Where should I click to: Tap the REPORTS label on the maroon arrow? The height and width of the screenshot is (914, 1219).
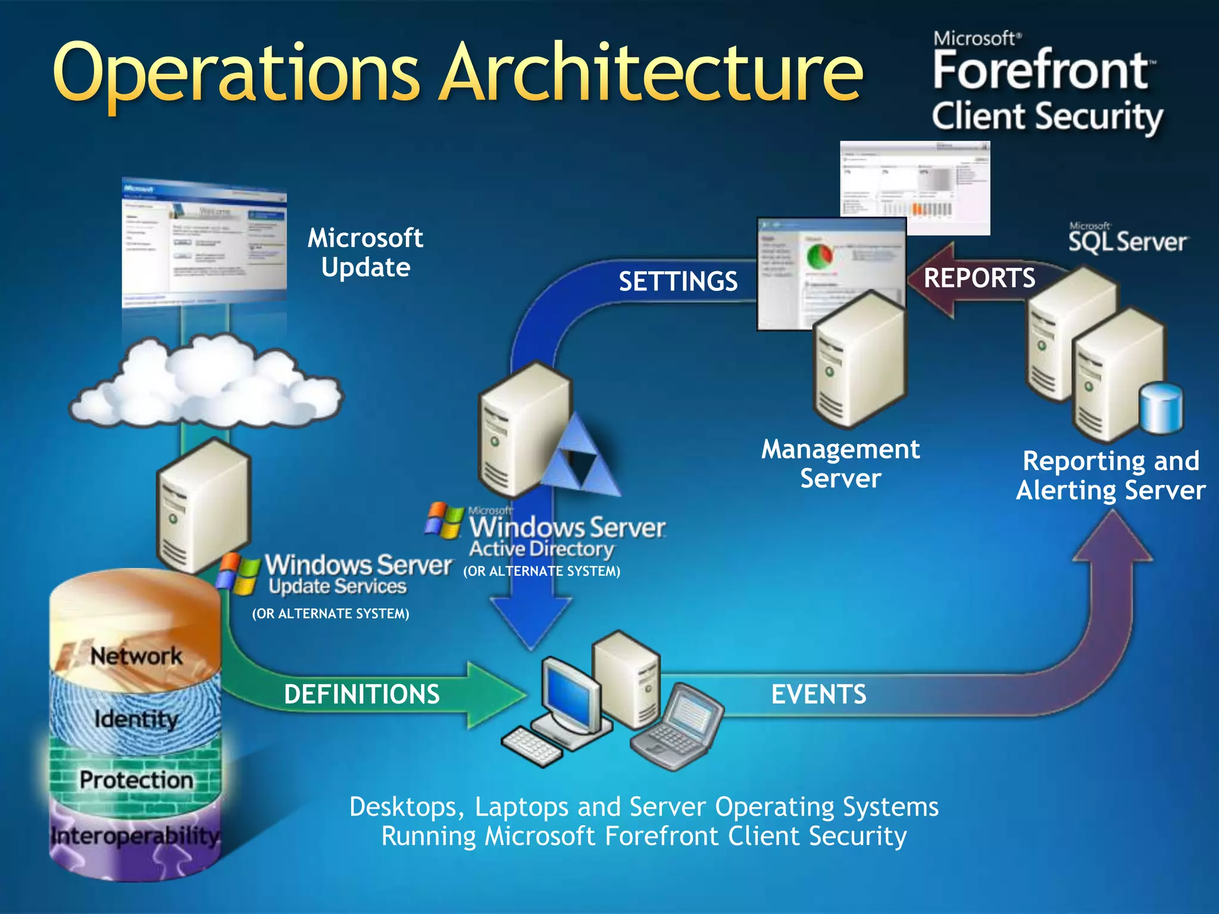979,278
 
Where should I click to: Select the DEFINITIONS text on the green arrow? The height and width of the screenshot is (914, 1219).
361,694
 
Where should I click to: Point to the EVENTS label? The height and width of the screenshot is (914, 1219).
818,694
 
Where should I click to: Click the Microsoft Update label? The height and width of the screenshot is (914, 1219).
365,253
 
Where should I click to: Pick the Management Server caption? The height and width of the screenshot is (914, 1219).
840,464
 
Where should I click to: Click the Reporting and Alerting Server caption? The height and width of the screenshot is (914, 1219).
1110,476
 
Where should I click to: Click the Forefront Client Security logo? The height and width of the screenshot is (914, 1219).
1046,83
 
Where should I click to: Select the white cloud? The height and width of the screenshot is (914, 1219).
205,381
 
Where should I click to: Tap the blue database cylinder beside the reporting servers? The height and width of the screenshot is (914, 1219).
1161,409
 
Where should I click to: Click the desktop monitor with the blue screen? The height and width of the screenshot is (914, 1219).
571,693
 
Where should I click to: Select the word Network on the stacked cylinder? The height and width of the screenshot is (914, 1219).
136,656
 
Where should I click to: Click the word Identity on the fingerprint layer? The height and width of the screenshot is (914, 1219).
136,719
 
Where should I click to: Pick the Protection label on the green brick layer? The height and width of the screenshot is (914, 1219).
136,780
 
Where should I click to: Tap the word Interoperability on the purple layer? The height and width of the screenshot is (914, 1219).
135,836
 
